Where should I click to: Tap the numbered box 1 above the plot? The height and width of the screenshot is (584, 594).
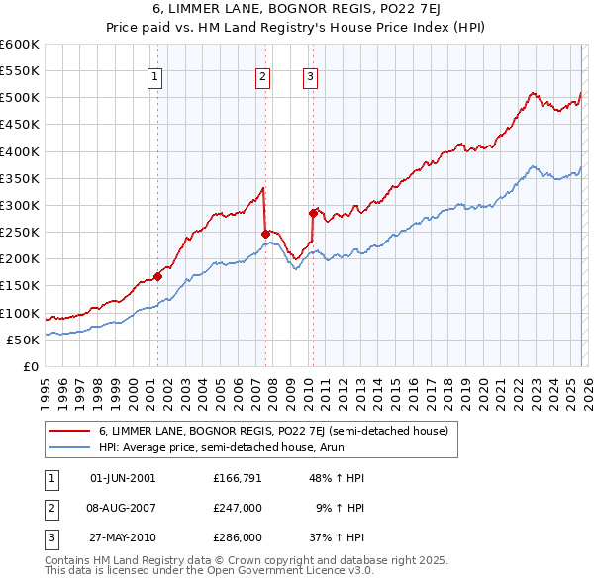[x=156, y=78]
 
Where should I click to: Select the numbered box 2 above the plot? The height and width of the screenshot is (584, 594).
[x=262, y=78]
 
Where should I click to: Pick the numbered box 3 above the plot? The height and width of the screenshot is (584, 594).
[x=310, y=78]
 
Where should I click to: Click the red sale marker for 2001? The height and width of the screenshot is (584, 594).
[x=157, y=276]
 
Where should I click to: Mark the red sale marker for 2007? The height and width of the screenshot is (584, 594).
[x=265, y=234]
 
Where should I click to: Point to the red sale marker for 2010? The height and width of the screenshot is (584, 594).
[x=313, y=213]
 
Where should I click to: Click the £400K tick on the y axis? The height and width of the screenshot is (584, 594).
[x=20, y=151]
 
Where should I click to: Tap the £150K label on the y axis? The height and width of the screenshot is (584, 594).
[x=20, y=286]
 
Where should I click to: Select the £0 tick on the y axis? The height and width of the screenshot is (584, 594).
[x=30, y=366]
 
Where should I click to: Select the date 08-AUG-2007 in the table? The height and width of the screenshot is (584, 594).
[x=123, y=508]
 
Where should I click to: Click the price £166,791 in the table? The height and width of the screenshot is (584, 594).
[x=237, y=478]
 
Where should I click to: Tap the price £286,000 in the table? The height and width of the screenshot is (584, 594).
[x=237, y=537]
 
